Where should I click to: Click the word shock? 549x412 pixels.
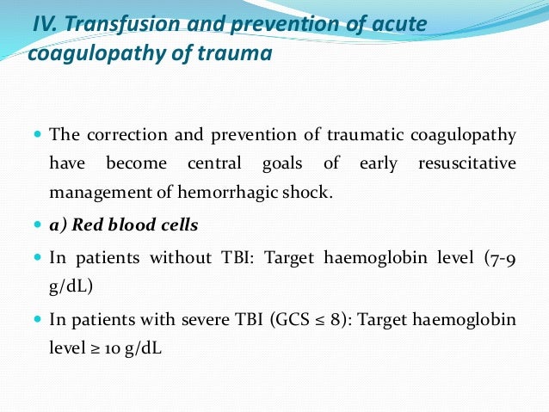309,192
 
